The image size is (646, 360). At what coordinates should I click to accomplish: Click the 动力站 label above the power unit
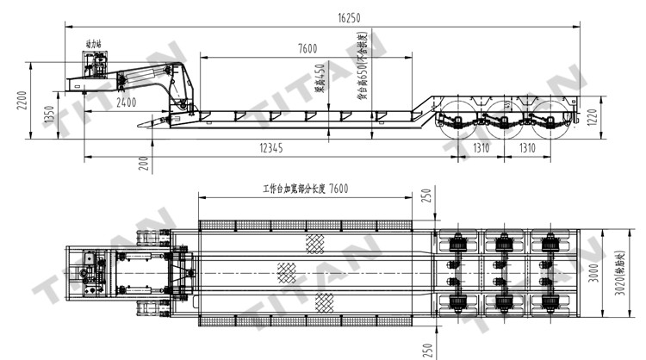94,42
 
